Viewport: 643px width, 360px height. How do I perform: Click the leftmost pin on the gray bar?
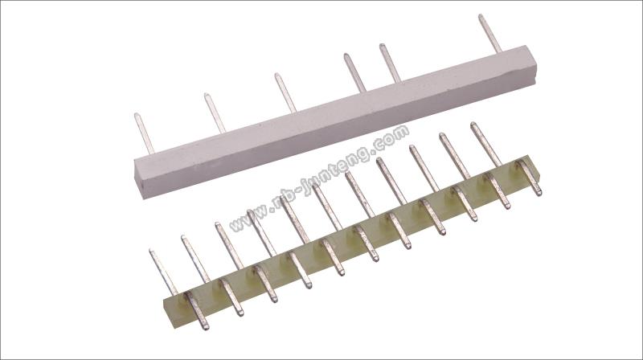pyautogui.click(x=144, y=133)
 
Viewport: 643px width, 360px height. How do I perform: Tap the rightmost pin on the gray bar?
pyautogui.click(x=490, y=34)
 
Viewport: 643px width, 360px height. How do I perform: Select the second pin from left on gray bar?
pyautogui.click(x=215, y=113)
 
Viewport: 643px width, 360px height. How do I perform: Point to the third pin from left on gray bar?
pyautogui.click(x=285, y=93)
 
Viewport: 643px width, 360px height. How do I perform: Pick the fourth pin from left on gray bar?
pyautogui.click(x=354, y=73)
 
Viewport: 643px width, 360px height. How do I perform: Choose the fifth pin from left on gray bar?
pyautogui.click(x=390, y=63)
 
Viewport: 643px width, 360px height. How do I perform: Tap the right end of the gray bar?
pyautogui.click(x=532, y=66)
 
